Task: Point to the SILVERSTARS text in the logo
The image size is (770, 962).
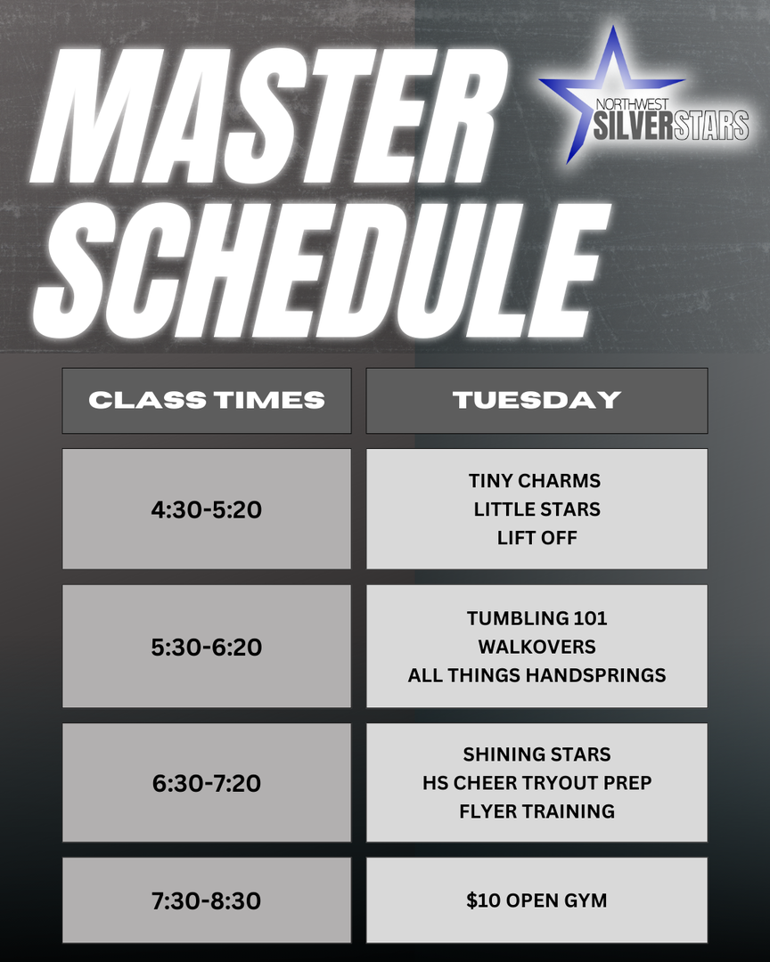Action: pos(671,126)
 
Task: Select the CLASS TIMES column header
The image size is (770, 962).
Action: pos(207,401)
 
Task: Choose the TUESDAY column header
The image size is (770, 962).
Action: pos(537,401)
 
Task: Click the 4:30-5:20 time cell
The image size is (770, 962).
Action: pos(207,509)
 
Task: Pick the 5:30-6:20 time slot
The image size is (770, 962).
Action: pos(207,646)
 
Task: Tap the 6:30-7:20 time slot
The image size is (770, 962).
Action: pos(207,782)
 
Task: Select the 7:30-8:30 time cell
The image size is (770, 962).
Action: pos(207,900)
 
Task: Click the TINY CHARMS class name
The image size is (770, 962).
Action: pos(535,480)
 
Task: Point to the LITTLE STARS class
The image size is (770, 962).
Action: pos(537,510)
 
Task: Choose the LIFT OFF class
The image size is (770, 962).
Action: pos(537,538)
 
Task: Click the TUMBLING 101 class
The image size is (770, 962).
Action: pos(537,618)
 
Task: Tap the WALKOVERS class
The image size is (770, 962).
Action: pos(537,647)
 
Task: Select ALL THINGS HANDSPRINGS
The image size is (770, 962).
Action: pos(537,675)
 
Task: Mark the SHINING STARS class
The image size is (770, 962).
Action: pos(537,754)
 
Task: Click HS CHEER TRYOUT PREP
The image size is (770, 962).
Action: pos(537,783)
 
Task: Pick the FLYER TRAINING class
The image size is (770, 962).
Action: pos(537,811)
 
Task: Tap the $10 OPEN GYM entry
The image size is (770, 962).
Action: pos(537,900)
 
